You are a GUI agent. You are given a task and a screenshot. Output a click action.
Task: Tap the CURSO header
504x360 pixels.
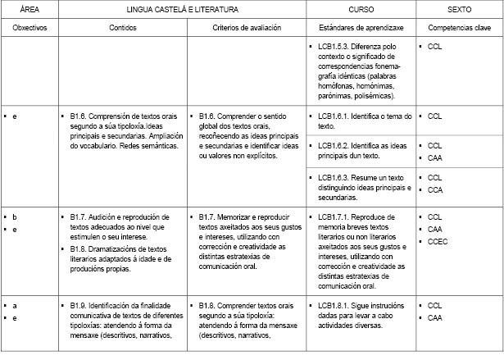pyautogui.click(x=360, y=9)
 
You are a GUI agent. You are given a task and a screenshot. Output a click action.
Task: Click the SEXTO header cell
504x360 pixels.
pyautogui.click(x=458, y=9)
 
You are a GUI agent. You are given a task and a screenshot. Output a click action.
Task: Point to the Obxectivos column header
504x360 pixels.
pyautogui.click(x=30, y=27)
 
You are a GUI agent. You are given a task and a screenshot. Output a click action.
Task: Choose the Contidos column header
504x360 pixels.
pyautogui.click(x=123, y=27)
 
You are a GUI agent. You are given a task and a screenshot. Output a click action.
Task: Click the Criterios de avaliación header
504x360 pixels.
pyautogui.click(x=246, y=27)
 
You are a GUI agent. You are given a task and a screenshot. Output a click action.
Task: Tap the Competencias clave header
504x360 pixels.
pyautogui.click(x=458, y=27)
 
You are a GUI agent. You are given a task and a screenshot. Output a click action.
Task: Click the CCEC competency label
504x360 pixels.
pyautogui.click(x=438, y=242)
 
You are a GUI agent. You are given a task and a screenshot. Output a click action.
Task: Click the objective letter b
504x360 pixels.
pyautogui.click(x=15, y=216)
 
